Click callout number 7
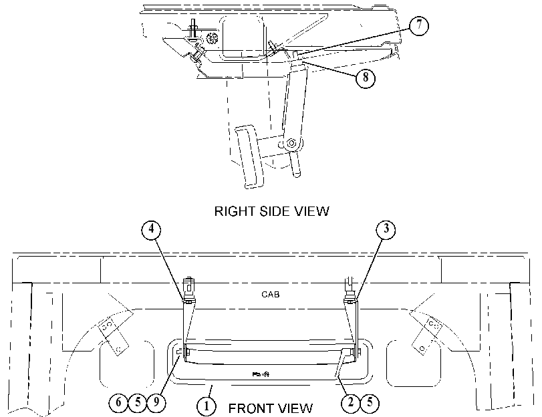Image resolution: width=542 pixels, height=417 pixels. point(419,25)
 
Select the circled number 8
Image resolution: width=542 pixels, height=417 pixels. point(366,78)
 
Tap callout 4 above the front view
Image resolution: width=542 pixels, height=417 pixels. point(152,229)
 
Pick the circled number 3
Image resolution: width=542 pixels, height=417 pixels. point(386,229)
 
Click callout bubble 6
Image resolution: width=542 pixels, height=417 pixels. point(118,402)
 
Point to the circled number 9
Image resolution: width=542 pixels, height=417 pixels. point(156,402)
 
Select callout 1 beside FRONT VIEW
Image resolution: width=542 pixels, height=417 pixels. point(207,406)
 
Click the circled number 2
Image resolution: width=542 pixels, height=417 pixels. point(351,403)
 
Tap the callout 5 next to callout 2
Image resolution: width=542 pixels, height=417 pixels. point(370,403)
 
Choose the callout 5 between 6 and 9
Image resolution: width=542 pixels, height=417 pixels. point(138,402)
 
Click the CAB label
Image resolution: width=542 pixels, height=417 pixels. point(270,295)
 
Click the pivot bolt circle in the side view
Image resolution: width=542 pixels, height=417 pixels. point(291,143)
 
